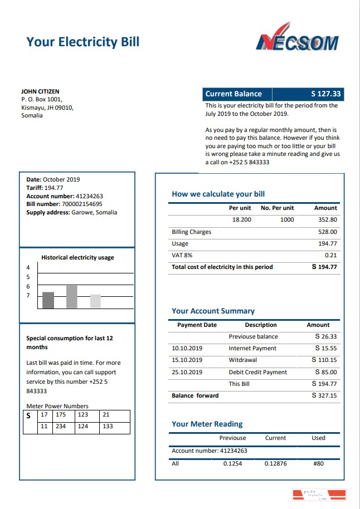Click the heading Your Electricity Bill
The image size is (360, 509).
tap(83, 42)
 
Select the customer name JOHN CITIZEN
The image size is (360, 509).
tap(40, 91)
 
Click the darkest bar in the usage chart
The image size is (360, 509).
tap(48, 300)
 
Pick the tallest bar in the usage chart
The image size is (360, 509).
tap(71, 297)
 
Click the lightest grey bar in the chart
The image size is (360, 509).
tap(95, 301)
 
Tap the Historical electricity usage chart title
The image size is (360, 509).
tap(77, 257)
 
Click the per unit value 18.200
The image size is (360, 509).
tap(242, 220)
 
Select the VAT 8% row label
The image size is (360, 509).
tap(182, 255)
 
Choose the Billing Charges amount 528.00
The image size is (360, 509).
tap(327, 232)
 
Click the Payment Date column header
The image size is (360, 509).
tap(197, 325)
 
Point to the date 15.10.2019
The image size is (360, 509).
tap(187, 360)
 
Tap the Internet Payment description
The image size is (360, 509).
tap(252, 348)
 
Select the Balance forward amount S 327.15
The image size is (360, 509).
tap(325, 395)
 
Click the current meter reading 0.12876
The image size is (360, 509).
tap(275, 463)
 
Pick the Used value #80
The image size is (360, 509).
tap(318, 463)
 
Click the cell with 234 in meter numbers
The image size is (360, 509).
tap(61, 427)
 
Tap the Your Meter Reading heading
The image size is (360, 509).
tap(207, 424)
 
